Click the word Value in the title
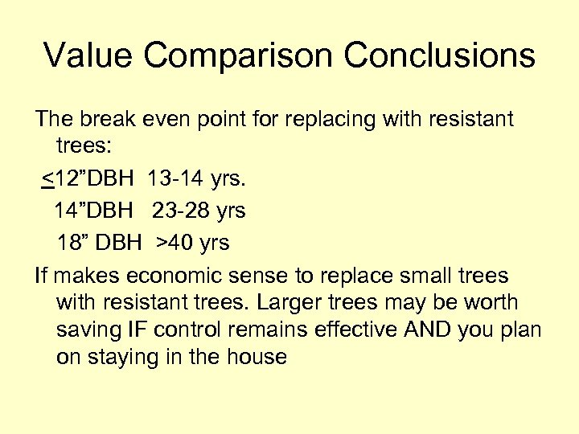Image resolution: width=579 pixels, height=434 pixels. coord(91,56)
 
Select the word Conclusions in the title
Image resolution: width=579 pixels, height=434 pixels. coord(440,56)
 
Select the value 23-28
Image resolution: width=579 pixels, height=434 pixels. coord(182,211)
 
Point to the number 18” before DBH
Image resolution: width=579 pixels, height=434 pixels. coord(72,242)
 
